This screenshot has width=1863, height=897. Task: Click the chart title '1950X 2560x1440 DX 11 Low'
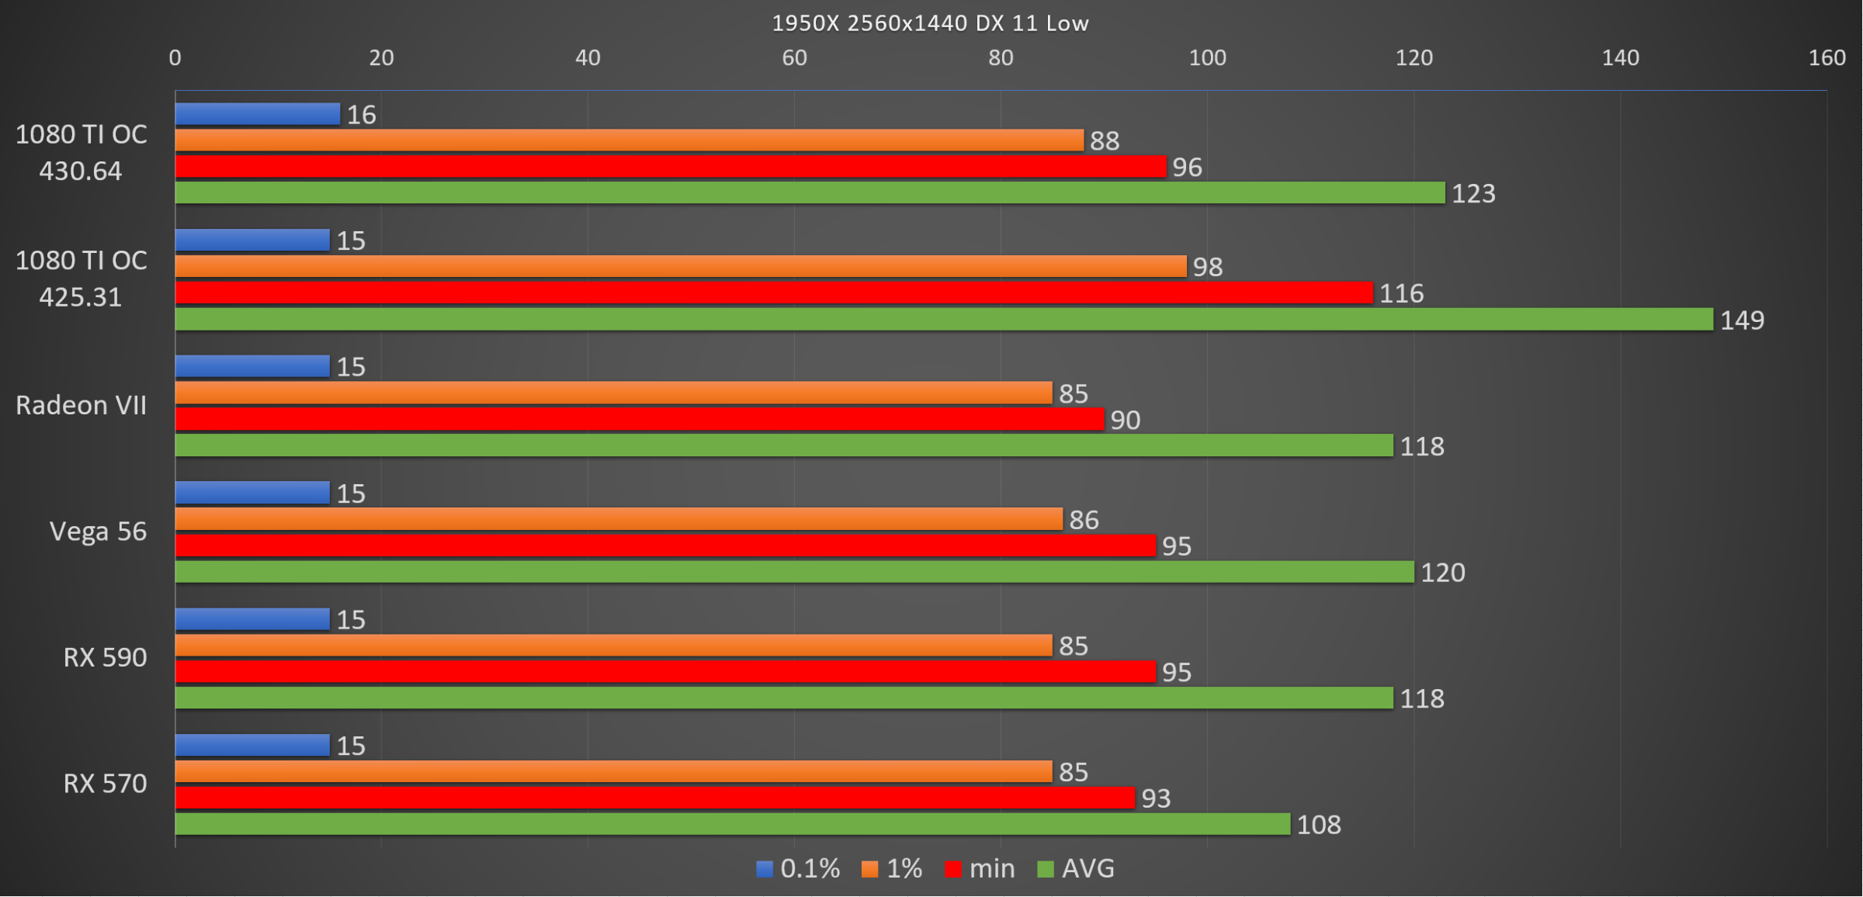click(x=930, y=23)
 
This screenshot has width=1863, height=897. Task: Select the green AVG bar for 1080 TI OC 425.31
click(x=943, y=319)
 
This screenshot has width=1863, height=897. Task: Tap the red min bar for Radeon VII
click(x=639, y=419)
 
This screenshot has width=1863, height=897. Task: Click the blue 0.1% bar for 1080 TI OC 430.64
click(x=257, y=114)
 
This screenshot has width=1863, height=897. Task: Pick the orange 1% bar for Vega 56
click(x=618, y=519)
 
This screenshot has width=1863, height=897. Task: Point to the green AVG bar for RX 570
click(x=732, y=824)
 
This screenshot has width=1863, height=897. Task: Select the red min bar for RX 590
click(x=665, y=671)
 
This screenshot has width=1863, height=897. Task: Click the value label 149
click(x=1742, y=320)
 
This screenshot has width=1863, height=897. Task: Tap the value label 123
click(x=1473, y=193)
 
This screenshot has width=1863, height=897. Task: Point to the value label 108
click(x=1319, y=824)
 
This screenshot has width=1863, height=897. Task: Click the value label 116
click(x=1401, y=293)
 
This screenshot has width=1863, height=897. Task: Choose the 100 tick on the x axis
click(x=1207, y=57)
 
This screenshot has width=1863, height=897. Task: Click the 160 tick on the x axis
click(x=1827, y=57)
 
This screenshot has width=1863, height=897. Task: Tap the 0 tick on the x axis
click(x=175, y=57)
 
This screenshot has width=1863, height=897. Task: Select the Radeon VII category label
click(x=81, y=405)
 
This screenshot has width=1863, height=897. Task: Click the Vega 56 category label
click(x=98, y=532)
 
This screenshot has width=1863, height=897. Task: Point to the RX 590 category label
click(x=105, y=657)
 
